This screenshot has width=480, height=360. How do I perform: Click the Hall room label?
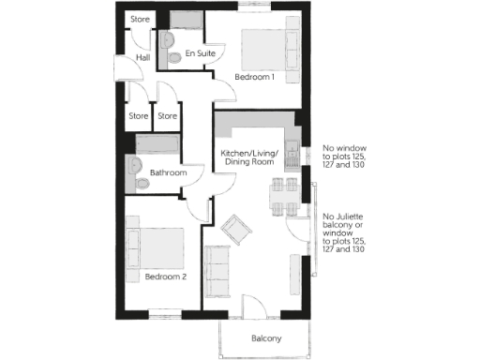tap(143, 58)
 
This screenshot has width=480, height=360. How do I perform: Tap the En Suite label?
tap(201, 53)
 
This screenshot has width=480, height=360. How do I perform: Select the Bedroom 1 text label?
tap(254, 77)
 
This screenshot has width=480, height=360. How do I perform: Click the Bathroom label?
tap(169, 172)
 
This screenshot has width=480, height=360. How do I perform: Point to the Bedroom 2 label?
tap(166, 277)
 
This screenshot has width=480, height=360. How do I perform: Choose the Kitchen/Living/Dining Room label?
tap(247, 157)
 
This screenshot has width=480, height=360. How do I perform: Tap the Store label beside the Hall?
tap(140, 19)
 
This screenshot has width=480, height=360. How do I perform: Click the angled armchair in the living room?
tap(237, 227)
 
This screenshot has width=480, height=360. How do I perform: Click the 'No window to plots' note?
tap(343, 157)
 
